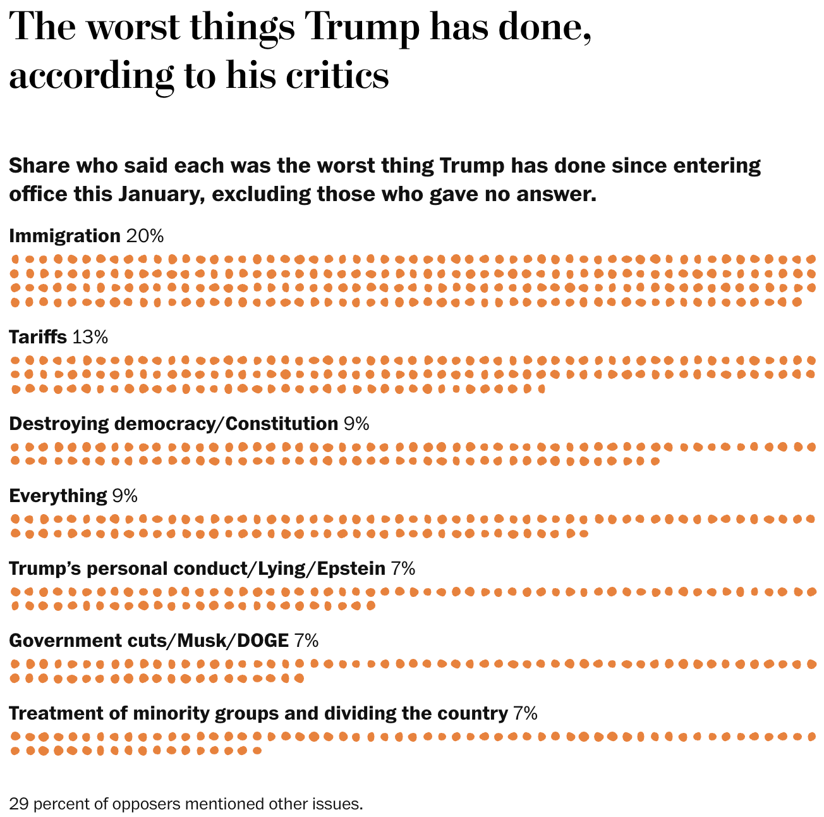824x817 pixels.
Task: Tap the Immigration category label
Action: click(64, 236)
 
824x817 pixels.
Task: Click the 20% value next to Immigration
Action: click(145, 236)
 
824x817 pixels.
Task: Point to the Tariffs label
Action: click(38, 337)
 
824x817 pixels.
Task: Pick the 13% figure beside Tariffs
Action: click(90, 337)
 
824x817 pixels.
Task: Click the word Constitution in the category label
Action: click(281, 423)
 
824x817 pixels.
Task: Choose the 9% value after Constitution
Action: click(356, 423)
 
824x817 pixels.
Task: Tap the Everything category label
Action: click(58, 496)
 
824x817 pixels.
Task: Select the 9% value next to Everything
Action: click(124, 496)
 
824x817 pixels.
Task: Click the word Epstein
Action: click(351, 568)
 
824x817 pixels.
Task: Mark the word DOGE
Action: click(262, 641)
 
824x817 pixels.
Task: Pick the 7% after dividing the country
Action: click(525, 713)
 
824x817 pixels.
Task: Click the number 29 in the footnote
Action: click(18, 804)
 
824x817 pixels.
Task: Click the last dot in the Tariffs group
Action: click(542, 389)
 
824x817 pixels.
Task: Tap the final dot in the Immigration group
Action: click(797, 302)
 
